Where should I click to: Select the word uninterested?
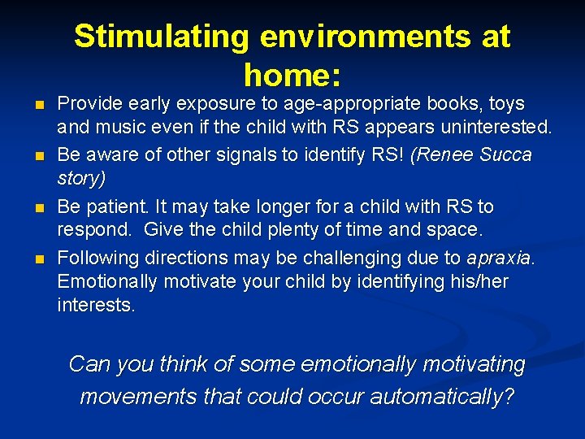499,128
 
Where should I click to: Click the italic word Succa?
507,154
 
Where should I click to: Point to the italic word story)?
81,177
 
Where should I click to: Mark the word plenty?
288,230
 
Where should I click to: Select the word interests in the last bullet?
96,305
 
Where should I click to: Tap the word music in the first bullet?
125,128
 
